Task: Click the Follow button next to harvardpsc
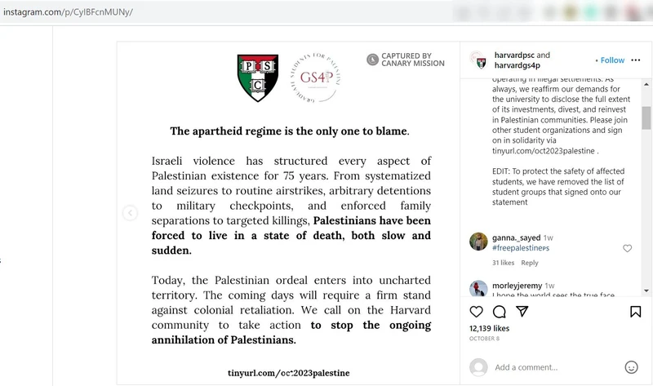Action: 612,60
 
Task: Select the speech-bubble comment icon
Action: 499,311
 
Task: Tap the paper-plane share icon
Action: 522,311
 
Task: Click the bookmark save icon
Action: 635,311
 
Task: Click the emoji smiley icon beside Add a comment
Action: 631,367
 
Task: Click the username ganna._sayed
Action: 518,237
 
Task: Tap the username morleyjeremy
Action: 517,285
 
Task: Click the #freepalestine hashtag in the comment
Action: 521,247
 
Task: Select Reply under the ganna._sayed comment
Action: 530,263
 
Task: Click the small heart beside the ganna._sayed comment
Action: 627,248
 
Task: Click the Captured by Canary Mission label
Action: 406,60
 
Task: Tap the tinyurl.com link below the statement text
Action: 289,372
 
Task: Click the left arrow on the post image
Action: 129,213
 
